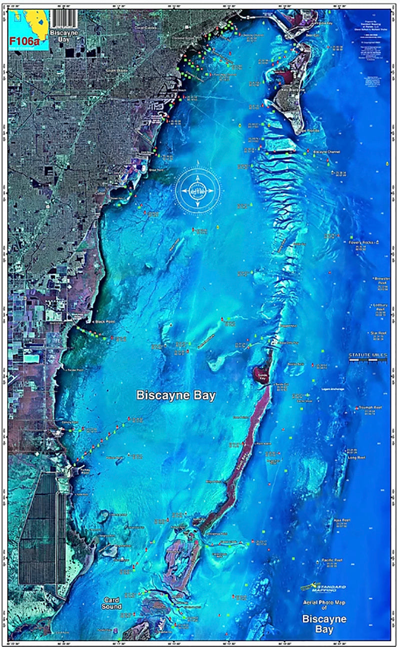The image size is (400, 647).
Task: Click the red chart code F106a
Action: [x=21, y=38]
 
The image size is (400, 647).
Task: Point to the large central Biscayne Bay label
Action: [x=176, y=395]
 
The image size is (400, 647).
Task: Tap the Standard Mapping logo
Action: [x=323, y=587]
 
